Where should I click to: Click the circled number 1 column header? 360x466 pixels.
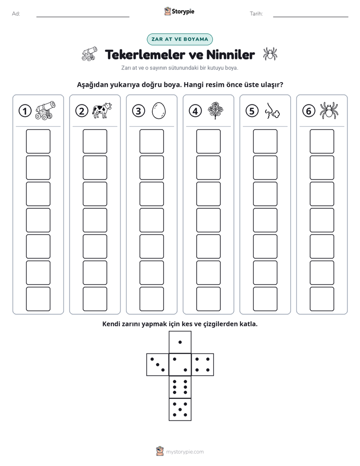tap(25, 111)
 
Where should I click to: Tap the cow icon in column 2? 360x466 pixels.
tap(102, 110)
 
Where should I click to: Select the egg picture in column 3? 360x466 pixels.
tap(159, 111)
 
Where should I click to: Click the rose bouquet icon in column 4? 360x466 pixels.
tap(215, 110)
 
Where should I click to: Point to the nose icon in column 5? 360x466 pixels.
tap(272, 111)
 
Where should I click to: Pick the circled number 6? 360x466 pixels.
tap(309, 111)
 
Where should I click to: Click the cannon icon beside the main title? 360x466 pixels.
tap(89, 54)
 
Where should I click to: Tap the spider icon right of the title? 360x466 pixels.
tap(270, 54)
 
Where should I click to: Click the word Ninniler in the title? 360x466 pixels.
tap(230, 54)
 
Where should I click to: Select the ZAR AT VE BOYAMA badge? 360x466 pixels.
tap(179, 39)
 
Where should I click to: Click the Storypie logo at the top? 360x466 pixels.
tap(179, 12)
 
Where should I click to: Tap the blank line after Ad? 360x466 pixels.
tap(83, 17)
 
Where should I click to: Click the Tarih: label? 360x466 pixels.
tap(256, 14)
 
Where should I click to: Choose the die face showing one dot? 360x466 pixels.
tap(180, 342)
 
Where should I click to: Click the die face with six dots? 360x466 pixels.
tap(180, 387)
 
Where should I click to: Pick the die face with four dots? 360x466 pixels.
tap(202, 365)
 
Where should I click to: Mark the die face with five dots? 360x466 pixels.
tap(180, 410)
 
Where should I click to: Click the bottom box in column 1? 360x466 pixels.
tap(38, 299)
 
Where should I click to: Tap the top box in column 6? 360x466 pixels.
tap(322, 141)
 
